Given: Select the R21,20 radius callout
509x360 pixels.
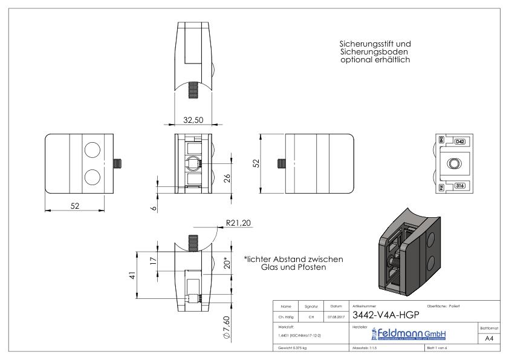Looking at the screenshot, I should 238,223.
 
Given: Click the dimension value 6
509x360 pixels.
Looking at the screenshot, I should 154,208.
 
